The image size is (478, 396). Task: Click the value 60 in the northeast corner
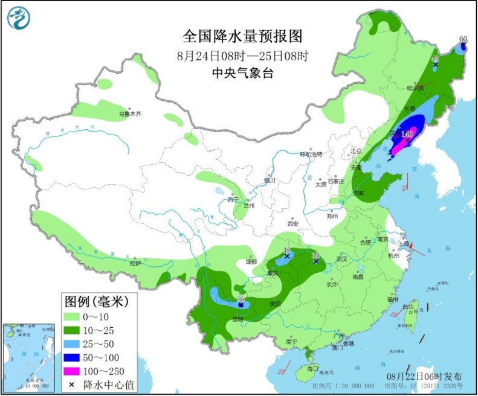tap(463, 40)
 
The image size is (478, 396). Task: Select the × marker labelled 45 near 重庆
tap(287, 257)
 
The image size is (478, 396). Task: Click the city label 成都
tap(251, 261)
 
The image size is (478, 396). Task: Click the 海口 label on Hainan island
tap(312, 368)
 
